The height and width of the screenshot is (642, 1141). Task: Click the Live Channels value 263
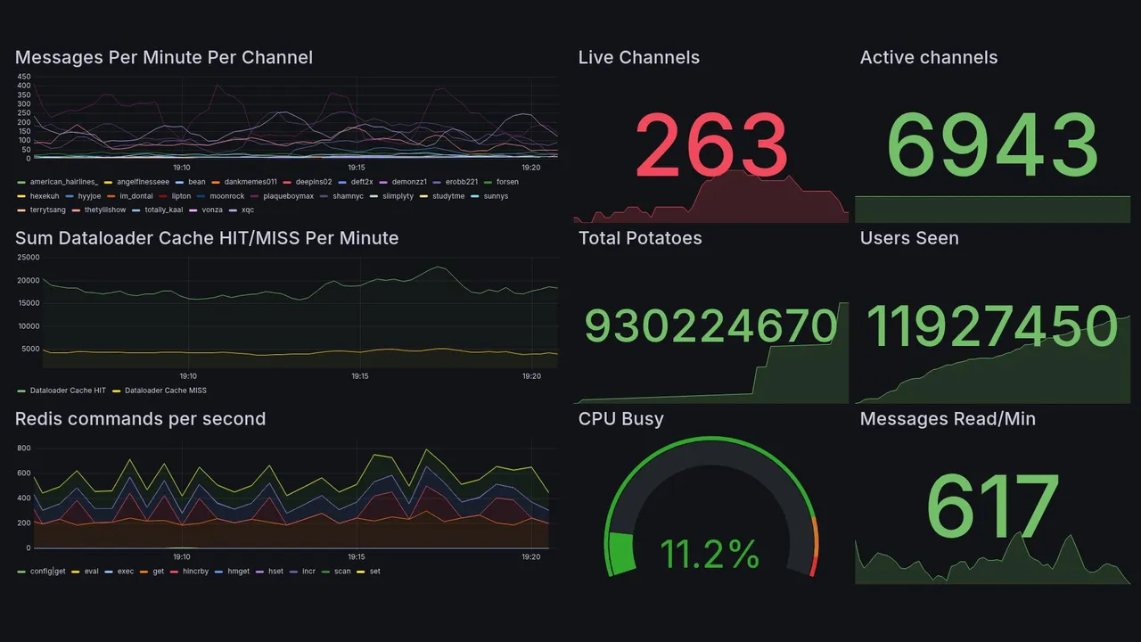[x=711, y=145]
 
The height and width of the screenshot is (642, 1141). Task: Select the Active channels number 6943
[x=993, y=145]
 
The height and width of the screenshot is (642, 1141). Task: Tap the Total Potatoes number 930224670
[x=710, y=326]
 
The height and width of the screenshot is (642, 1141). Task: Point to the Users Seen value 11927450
[x=992, y=326]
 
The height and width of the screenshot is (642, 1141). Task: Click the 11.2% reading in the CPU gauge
[x=710, y=555]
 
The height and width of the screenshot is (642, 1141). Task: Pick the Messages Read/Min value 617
[x=992, y=508]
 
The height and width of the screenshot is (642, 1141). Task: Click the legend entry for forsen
[x=507, y=182]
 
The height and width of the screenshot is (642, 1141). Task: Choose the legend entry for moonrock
[x=226, y=196]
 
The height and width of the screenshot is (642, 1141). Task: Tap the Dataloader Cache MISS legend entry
[x=165, y=391]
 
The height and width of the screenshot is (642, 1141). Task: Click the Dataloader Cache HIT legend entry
[x=68, y=391]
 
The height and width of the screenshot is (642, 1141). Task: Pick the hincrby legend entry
[x=194, y=572]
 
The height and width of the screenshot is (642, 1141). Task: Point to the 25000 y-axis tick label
[x=28, y=258]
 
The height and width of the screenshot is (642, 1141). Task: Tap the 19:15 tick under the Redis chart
[x=357, y=556]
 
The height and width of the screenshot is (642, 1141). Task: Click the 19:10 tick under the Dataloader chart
[x=188, y=376]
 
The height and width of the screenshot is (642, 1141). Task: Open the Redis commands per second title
[x=140, y=419]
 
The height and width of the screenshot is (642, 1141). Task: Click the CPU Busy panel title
[x=620, y=419]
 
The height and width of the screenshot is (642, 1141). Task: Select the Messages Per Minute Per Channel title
[x=164, y=58]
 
